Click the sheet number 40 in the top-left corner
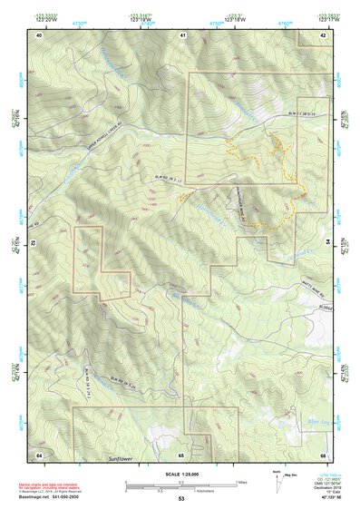pos(39,34)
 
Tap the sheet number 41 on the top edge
pos(182,34)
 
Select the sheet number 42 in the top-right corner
pos(323,34)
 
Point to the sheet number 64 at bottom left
pos(39,453)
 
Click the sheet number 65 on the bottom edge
pos(181,453)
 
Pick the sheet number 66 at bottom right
pos(323,453)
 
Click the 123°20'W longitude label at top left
pos(39,17)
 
